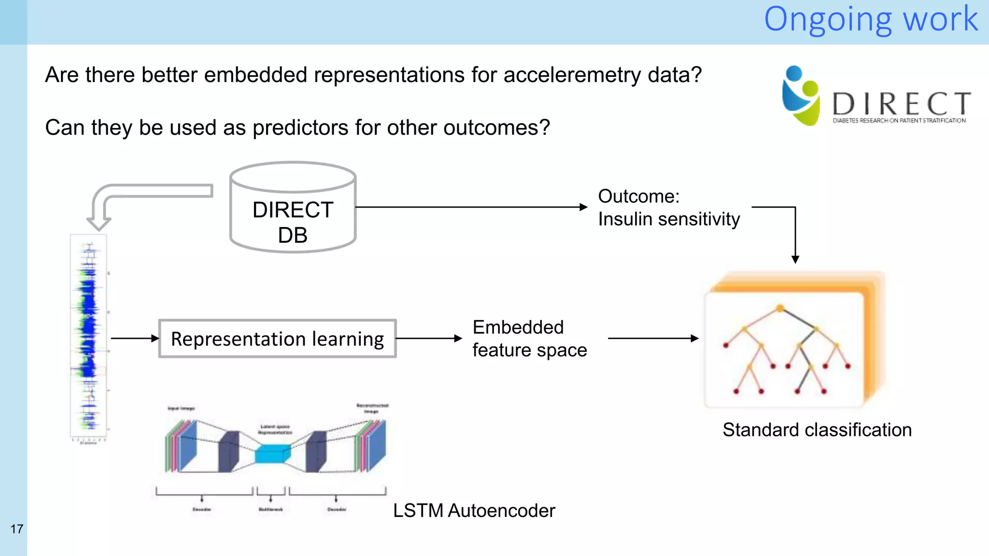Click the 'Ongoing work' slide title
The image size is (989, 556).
[x=870, y=19]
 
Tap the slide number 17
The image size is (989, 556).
[x=16, y=529]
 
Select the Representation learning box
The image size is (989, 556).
[x=277, y=339]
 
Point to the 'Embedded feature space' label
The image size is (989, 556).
[x=529, y=338]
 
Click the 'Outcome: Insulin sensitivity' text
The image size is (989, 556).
[x=668, y=208]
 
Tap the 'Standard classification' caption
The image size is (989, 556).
[x=817, y=430]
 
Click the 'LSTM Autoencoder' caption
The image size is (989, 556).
[x=474, y=510]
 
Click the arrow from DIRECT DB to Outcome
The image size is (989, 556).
[x=471, y=207]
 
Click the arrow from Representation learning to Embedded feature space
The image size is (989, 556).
[x=429, y=338]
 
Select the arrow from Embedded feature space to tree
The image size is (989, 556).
[x=653, y=338]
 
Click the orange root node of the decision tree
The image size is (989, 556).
[x=780, y=308]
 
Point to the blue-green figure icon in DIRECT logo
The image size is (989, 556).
[x=800, y=96]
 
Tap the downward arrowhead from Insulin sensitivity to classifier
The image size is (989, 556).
[x=795, y=259]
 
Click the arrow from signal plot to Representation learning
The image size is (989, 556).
[x=135, y=338]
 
